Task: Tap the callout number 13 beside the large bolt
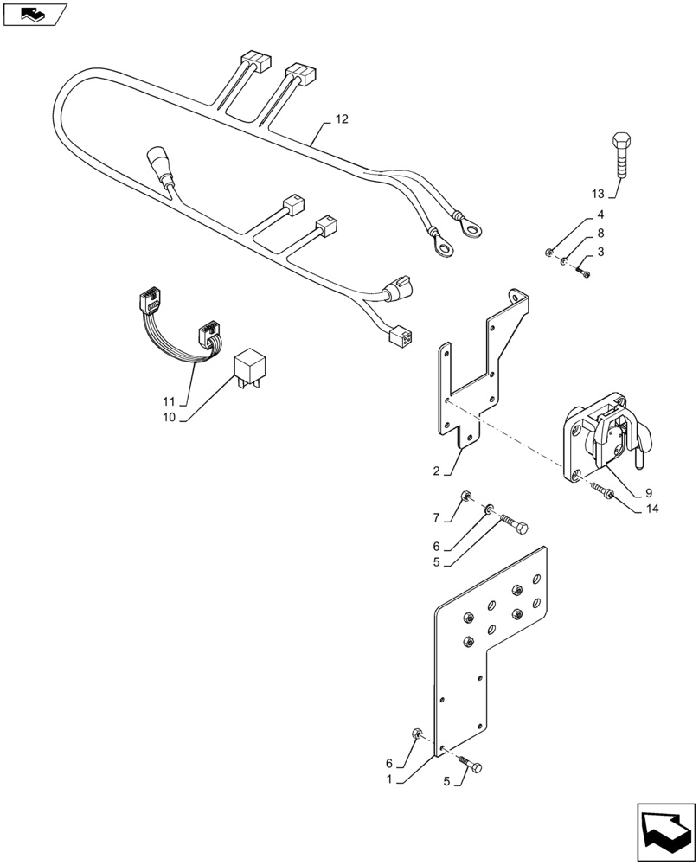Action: [x=600, y=192]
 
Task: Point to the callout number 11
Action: [x=168, y=402]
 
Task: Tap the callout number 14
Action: [x=651, y=509]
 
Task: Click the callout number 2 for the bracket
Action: [x=438, y=472]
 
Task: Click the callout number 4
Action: [x=600, y=215]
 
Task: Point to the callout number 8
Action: [x=600, y=234]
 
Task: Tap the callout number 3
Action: [x=600, y=252]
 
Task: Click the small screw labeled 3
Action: [x=583, y=272]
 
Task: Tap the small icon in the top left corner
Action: [x=33, y=13]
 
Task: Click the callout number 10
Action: [x=168, y=418]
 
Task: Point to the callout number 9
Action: [x=648, y=494]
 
